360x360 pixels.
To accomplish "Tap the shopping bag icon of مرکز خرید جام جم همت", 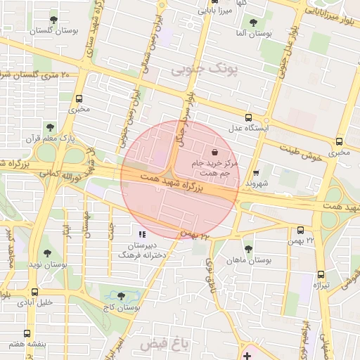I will pyautogui.click(x=214, y=152).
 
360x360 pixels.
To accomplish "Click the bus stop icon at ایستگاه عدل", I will pyautogui.click(x=247, y=118).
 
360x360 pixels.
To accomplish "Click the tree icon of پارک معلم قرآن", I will pyautogui.click(x=49, y=127).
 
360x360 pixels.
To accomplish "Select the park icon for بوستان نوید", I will pyautogui.click(x=46, y=253).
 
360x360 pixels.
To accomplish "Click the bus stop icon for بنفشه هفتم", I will pyautogui.click(x=27, y=333).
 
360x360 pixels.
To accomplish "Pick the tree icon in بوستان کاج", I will pyautogui.click(x=122, y=297).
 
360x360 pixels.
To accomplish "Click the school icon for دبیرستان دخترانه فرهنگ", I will pyautogui.click(x=142, y=234).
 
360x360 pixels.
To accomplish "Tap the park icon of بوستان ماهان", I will pyautogui.click(x=247, y=249).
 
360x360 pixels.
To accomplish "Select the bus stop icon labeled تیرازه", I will pyautogui.click(x=321, y=274).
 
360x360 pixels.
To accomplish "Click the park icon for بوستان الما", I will pyautogui.click(x=253, y=22).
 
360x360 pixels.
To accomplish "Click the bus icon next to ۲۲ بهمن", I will pyautogui.click(x=301, y=230).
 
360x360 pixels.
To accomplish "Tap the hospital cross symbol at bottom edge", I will pyautogui.click(x=246, y=356).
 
